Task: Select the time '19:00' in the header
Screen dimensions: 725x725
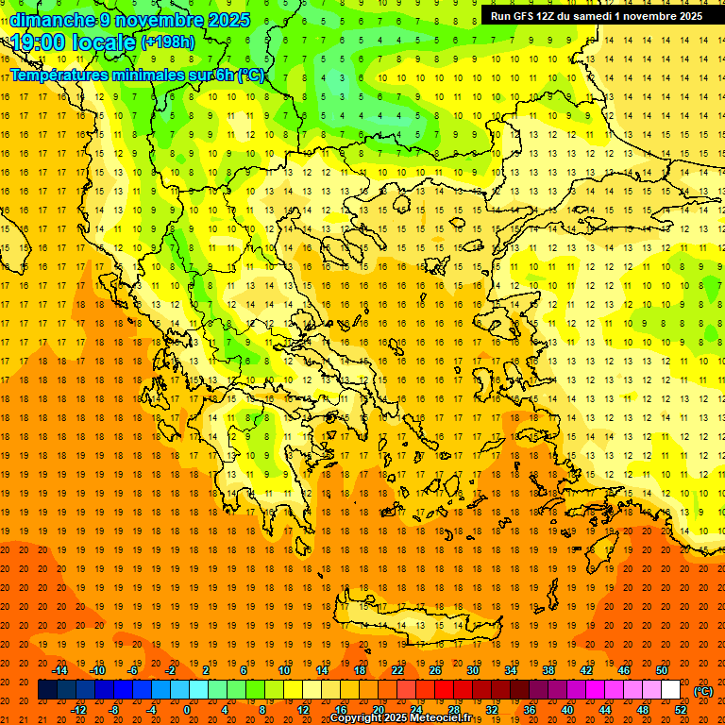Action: click(x=40, y=42)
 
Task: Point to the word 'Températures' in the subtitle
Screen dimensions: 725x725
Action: click(x=66, y=75)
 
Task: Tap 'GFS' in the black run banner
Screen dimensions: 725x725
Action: click(x=529, y=16)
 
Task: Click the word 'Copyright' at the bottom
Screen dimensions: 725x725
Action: click(x=358, y=718)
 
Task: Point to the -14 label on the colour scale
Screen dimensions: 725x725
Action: click(x=59, y=670)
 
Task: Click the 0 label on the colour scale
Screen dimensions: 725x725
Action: click(x=186, y=710)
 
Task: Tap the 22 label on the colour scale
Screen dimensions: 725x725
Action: click(x=397, y=670)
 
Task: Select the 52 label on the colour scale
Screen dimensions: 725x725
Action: click(x=681, y=710)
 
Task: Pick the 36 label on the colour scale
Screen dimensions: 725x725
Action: click(x=530, y=710)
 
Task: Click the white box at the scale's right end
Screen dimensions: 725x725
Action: click(x=670, y=690)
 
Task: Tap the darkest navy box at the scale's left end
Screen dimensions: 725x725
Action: click(x=47, y=690)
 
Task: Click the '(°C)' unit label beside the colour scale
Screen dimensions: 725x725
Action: click(x=703, y=690)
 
